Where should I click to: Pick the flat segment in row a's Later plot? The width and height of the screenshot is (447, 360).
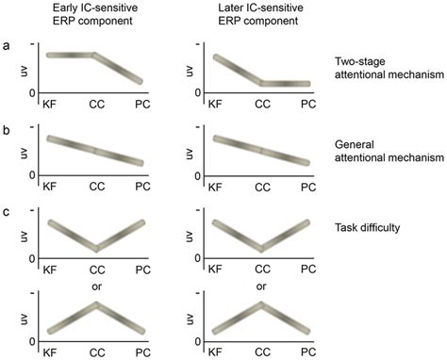point(283,84)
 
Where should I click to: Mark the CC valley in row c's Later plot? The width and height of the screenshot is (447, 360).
point(260,249)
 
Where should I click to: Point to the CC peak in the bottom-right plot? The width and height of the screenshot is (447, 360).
point(260,305)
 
